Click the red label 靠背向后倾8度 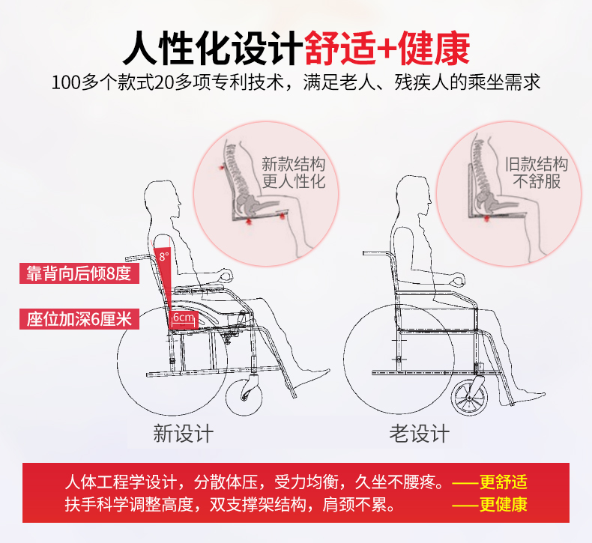coord(79,273)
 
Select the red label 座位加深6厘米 coord(79,319)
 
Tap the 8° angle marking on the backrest coord(164,257)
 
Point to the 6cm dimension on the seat coord(184,318)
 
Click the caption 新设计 coord(183,433)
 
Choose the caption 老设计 coord(420,433)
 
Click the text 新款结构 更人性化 coord(294,173)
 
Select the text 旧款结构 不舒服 coord(537,173)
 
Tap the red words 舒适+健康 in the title coord(387,48)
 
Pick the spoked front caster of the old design coord(469,397)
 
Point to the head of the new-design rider coord(163,201)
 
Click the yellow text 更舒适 coord(504,482)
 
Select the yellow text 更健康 coord(504,505)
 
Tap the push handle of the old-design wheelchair coord(376,253)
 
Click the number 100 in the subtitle coord(67,82)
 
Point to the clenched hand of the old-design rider coord(459,279)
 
